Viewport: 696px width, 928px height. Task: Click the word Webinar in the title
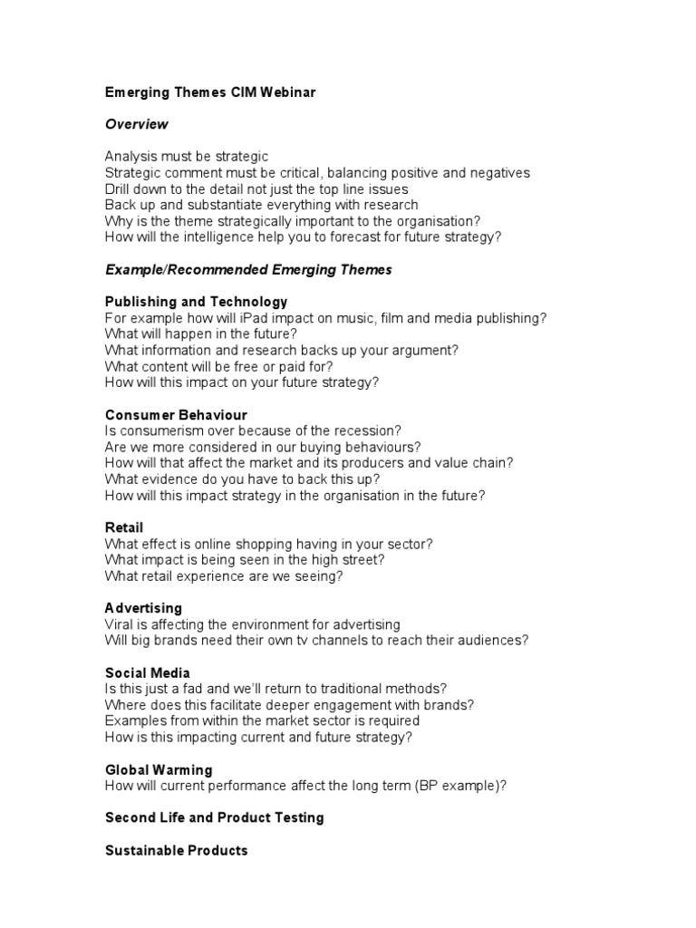click(288, 92)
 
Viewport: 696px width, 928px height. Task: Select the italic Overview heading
click(136, 124)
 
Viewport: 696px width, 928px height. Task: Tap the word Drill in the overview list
click(120, 188)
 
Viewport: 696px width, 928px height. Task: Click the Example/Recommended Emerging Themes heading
click(248, 269)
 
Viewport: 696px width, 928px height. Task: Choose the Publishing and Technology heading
click(196, 301)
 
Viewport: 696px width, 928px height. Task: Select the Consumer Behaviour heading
click(176, 415)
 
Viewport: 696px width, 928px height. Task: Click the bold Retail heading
click(124, 527)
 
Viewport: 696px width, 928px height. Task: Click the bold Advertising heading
click(143, 608)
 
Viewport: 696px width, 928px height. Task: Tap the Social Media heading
click(148, 672)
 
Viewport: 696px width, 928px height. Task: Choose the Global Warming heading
click(159, 769)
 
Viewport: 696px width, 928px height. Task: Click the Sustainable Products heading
click(176, 850)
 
